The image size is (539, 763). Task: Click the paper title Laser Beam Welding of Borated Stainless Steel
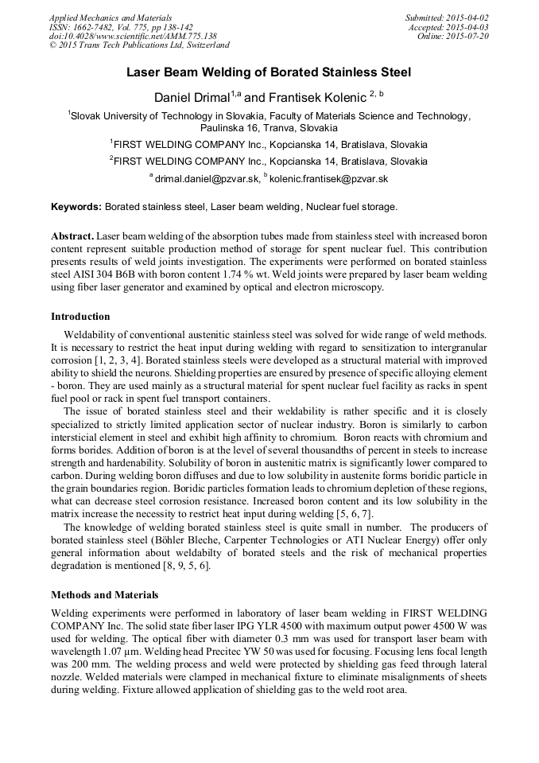pyautogui.click(x=269, y=72)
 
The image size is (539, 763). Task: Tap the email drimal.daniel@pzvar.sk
pyautogui.click(x=205, y=179)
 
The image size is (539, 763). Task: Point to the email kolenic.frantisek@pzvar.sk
pyautogui.click(x=328, y=179)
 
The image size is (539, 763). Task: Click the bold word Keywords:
pyautogui.click(x=76, y=207)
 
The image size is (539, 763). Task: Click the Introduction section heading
pyautogui.click(x=80, y=316)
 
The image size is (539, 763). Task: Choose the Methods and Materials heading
pyautogui.click(x=104, y=594)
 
